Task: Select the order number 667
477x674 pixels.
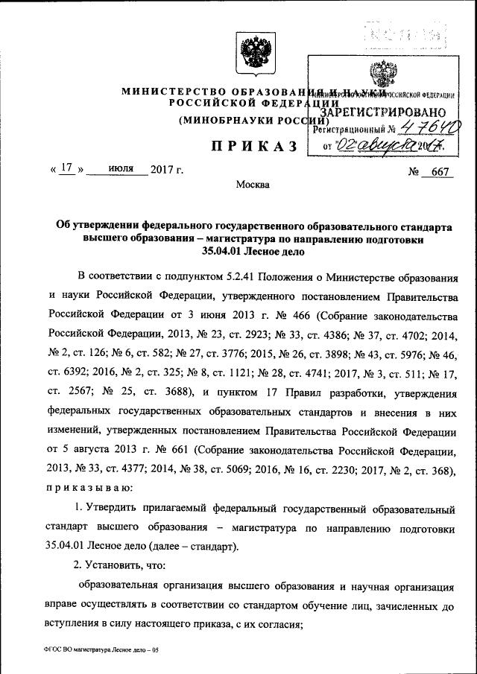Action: pyautogui.click(x=442, y=173)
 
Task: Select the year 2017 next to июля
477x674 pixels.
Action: pyautogui.click(x=165, y=169)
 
